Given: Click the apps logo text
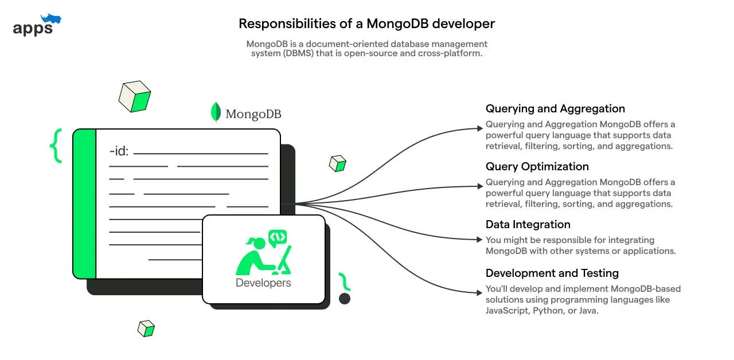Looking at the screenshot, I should (32, 28).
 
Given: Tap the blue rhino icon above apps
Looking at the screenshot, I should (51, 19).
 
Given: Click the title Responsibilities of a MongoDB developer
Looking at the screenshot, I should (366, 24).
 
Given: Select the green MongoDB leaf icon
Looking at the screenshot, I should (216, 112).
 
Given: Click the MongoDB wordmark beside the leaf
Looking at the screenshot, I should (253, 114).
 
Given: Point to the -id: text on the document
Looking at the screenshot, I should (119, 152).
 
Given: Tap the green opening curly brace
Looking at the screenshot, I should (56, 146).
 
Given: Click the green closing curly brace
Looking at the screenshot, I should (344, 282).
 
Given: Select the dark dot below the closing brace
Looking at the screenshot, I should (345, 299).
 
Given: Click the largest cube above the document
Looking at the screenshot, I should (135, 96).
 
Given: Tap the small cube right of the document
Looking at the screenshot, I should (337, 163).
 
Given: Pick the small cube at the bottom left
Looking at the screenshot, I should (146, 328).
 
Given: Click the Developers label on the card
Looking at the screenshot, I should (263, 283).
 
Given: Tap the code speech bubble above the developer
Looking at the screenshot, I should (278, 237).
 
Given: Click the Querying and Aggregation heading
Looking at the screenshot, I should (555, 109).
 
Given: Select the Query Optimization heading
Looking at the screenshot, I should (537, 167).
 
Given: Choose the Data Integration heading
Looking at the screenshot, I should (528, 225).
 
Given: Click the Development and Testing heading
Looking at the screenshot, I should (552, 273).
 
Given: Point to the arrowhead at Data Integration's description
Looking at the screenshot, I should (481, 240).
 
